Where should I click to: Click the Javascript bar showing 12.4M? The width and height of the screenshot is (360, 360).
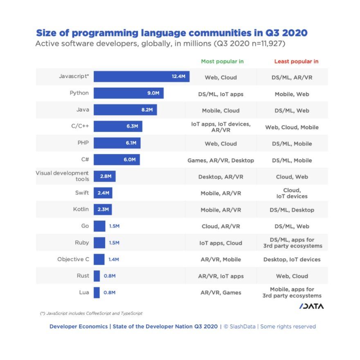click(x=141, y=76)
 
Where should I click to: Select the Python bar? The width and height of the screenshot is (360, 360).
click(x=128, y=93)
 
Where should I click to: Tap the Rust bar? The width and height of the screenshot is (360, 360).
click(x=97, y=276)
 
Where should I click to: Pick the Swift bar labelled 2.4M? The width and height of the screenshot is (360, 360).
click(x=103, y=193)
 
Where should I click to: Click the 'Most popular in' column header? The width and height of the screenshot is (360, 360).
click(x=222, y=61)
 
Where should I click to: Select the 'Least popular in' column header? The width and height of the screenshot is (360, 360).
click(x=296, y=61)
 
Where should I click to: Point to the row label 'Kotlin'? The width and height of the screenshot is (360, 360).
click(x=81, y=209)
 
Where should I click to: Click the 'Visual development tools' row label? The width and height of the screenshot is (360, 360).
click(x=62, y=176)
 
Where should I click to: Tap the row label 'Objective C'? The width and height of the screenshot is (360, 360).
click(x=73, y=259)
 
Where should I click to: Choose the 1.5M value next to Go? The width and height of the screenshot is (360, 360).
click(x=114, y=226)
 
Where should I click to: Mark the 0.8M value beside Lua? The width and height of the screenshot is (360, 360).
click(x=110, y=292)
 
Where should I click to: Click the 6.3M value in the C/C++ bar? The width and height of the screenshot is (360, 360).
click(x=132, y=126)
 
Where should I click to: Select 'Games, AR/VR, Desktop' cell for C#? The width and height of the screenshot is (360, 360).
click(x=220, y=160)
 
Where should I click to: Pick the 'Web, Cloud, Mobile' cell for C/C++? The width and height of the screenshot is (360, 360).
click(x=292, y=127)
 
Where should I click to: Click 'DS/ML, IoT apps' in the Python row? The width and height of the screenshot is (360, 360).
click(x=220, y=94)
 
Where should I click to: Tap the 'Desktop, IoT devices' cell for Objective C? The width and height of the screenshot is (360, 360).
click(x=292, y=259)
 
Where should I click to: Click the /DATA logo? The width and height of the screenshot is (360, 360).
click(x=311, y=306)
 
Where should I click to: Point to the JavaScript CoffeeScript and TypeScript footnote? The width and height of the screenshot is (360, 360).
click(x=91, y=313)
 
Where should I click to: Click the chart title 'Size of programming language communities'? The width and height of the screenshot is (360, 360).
click(x=171, y=33)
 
